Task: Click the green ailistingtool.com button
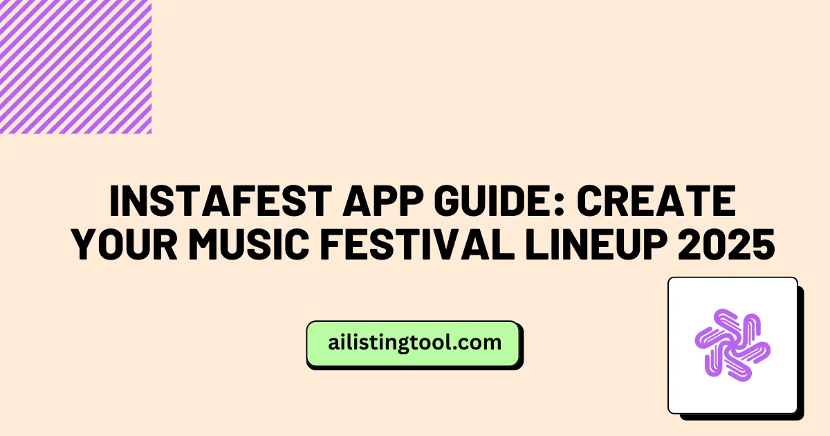pos(414,343)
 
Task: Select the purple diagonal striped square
pos(75,66)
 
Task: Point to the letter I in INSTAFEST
pos(116,203)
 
